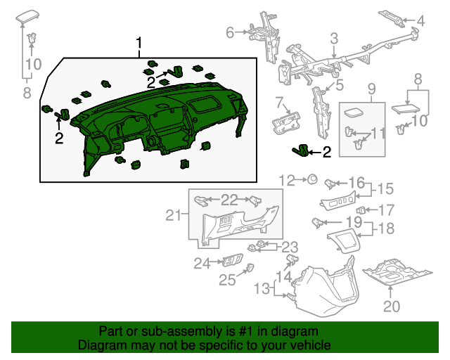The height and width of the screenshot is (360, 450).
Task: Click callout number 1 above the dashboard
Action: pos(139,43)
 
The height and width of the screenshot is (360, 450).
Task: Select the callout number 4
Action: pos(420,21)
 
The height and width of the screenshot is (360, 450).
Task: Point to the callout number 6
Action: pos(230,32)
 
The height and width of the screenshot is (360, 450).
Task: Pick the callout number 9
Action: pos(372,89)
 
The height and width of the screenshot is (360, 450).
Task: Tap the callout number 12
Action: pos(285,180)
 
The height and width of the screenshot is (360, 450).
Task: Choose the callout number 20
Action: pos(390,306)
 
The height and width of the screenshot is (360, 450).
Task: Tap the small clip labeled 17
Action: pos(361,210)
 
